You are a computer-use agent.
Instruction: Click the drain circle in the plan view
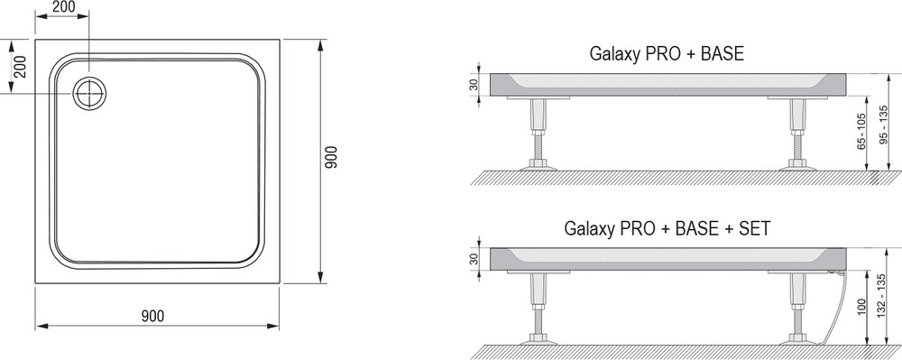tap(89, 93)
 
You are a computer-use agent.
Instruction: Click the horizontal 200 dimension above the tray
tap(62, 7)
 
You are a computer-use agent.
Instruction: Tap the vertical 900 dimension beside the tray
tap(331, 157)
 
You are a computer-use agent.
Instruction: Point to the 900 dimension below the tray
tap(153, 316)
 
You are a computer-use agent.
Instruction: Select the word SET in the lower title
tap(755, 229)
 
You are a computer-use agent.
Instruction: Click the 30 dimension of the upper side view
tap(474, 84)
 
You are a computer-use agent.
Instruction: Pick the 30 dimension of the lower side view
tap(474, 259)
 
